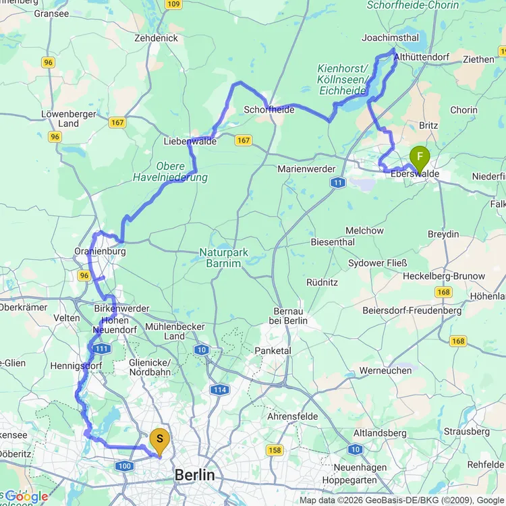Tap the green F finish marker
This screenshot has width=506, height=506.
click(420, 159)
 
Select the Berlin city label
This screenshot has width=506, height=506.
click(194, 475)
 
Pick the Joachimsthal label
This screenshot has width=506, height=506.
click(390, 38)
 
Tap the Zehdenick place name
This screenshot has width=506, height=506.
click(156, 38)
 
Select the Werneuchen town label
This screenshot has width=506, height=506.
click(385, 370)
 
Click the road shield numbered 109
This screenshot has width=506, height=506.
click(173, 5)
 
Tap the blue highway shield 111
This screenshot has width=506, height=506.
click(103, 349)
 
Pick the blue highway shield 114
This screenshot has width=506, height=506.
click(219, 390)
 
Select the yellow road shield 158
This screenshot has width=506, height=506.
click(275, 450)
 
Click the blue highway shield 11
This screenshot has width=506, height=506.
click(337, 183)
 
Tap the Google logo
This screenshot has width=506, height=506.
click(26, 497)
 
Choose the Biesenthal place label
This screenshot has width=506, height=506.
click(333, 242)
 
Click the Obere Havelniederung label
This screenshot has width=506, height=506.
click(181, 171)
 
